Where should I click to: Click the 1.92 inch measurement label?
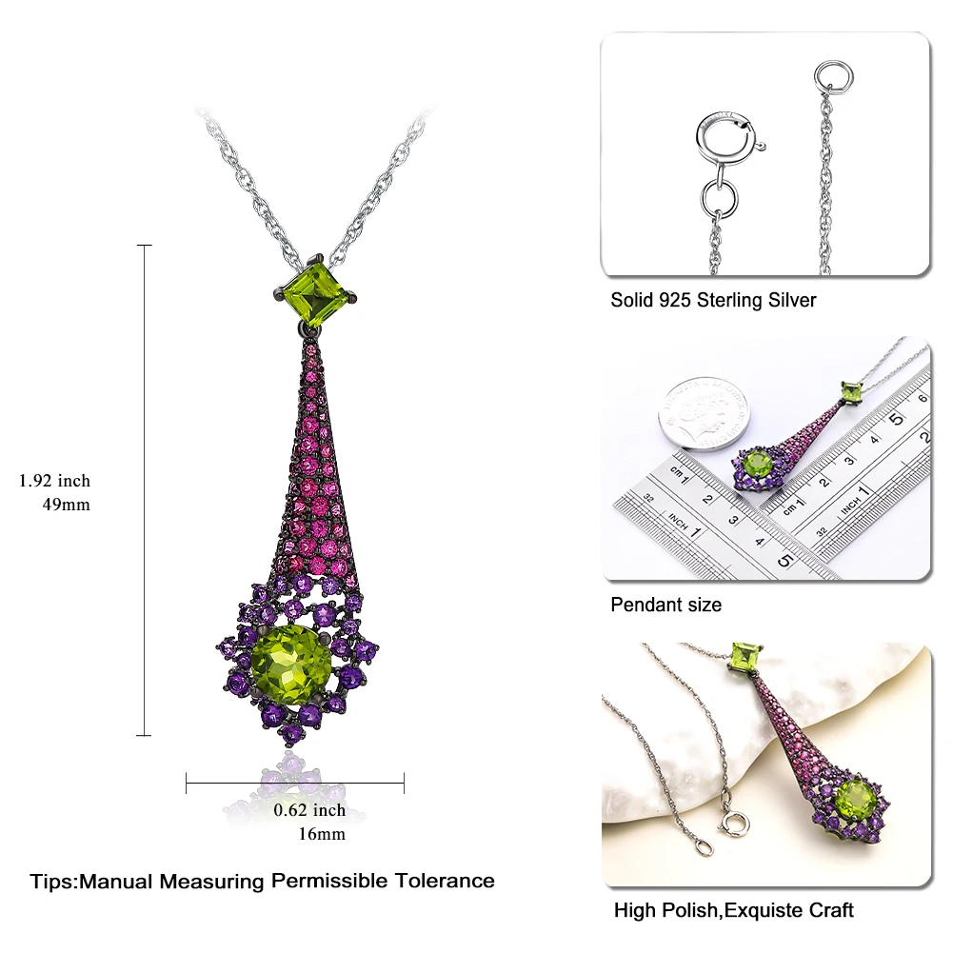point(54,481)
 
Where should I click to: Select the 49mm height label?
point(63,505)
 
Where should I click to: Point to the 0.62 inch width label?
point(309,810)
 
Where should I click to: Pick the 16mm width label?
point(322,834)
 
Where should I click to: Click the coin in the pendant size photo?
point(705,409)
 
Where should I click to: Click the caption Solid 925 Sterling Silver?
point(713,300)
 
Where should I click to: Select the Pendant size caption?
point(665,605)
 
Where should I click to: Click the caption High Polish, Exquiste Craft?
point(733,910)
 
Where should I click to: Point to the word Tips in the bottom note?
point(52,881)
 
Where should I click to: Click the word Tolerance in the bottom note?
point(447,881)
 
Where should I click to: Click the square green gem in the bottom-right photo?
point(746,657)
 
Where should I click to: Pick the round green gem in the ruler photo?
point(759,467)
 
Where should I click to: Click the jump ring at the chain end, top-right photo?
point(833,75)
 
